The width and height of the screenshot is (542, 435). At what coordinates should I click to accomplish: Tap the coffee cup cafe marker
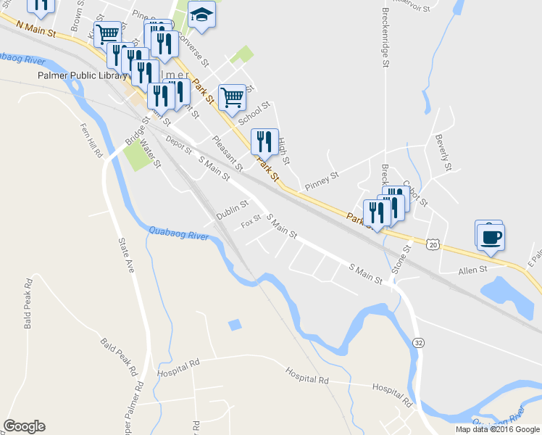(491, 236)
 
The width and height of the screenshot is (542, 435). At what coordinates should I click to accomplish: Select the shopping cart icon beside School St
(232, 96)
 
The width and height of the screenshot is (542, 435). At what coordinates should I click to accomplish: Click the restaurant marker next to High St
(264, 141)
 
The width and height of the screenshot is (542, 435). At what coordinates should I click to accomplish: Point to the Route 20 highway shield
(433, 245)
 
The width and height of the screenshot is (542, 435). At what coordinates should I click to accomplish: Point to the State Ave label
(125, 255)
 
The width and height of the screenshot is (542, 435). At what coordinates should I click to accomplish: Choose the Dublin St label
(233, 212)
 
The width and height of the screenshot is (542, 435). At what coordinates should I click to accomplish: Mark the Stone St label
(401, 260)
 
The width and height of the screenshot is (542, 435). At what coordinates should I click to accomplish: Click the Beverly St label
(443, 152)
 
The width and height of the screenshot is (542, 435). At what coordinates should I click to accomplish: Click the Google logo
(24, 426)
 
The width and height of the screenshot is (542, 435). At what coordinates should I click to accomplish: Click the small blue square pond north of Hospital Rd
(234, 325)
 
